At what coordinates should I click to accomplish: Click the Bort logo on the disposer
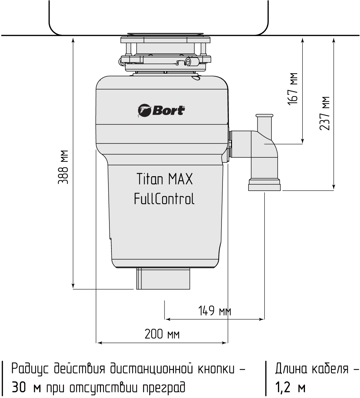[x=161, y=110]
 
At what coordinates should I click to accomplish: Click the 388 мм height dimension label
[x=63, y=167]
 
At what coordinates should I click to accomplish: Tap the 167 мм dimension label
[x=292, y=89]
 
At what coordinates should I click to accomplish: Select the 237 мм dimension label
[x=324, y=113]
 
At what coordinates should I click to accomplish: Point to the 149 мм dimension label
[x=214, y=311]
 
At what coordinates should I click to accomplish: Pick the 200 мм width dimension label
[x=162, y=334]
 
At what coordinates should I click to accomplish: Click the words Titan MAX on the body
[x=164, y=179]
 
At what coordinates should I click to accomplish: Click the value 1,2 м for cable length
[x=290, y=388]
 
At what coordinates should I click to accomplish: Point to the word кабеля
[x=330, y=369]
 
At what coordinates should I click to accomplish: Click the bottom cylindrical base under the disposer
[x=164, y=279]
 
